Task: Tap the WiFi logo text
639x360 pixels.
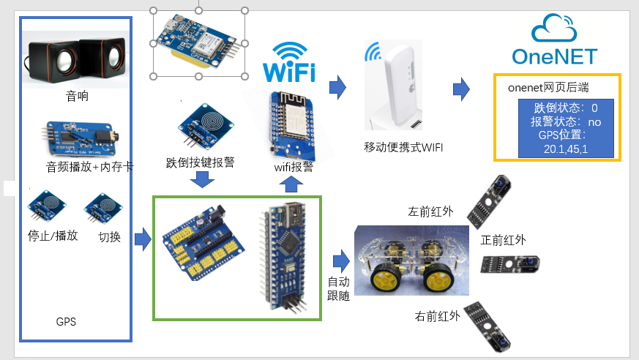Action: click(x=289, y=72)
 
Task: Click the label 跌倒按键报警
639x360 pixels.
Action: click(x=201, y=162)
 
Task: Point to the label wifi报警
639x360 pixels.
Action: click(x=294, y=167)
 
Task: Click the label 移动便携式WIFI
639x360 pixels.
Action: click(x=404, y=147)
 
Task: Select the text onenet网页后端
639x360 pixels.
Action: click(x=548, y=88)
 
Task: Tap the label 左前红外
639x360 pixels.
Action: click(x=430, y=212)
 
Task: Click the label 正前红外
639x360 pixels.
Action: click(x=503, y=240)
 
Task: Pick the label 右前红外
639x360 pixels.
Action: click(x=438, y=316)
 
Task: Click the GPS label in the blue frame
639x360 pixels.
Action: click(x=66, y=321)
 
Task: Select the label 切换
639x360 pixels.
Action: click(x=110, y=237)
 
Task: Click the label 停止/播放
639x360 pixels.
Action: click(x=52, y=236)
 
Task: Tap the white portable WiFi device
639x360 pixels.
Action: click(x=397, y=83)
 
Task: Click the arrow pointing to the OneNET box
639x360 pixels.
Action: click(x=461, y=89)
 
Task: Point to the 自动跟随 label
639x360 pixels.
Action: click(x=338, y=289)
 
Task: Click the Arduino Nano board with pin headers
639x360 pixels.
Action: click(x=280, y=256)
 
